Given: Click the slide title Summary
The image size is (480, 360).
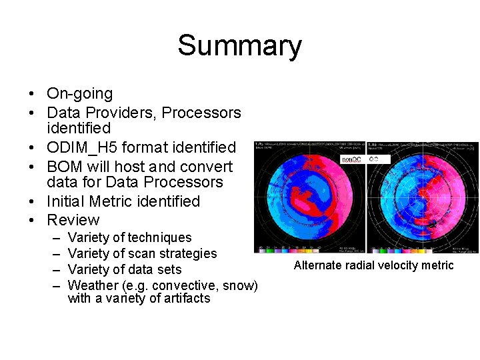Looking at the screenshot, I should pos(239,46).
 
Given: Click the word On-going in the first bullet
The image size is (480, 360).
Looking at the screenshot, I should pos(79,94).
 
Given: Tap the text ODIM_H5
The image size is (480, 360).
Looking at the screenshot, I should pos(89,147).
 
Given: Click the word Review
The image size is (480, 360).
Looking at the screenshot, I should pos(73,220).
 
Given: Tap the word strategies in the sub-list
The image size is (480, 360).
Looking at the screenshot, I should pos(189,254).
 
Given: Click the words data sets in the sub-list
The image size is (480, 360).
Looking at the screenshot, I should pos(154,270).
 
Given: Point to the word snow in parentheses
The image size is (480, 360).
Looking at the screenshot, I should pos(239,286).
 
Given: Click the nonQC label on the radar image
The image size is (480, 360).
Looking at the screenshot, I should pos(351,160).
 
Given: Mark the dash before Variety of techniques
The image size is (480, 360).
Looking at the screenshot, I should pos(54,238).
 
